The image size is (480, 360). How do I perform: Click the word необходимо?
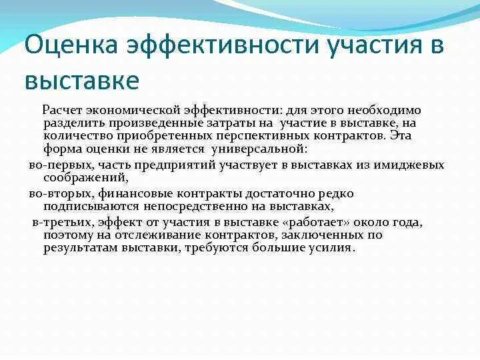click(381, 109)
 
